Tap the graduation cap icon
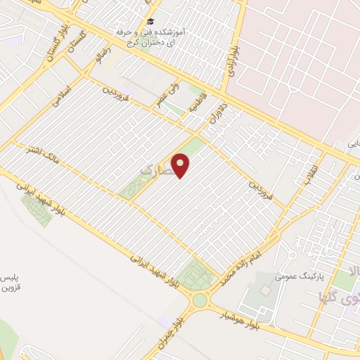click(x=150, y=22)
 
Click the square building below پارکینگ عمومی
click(x=264, y=290)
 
